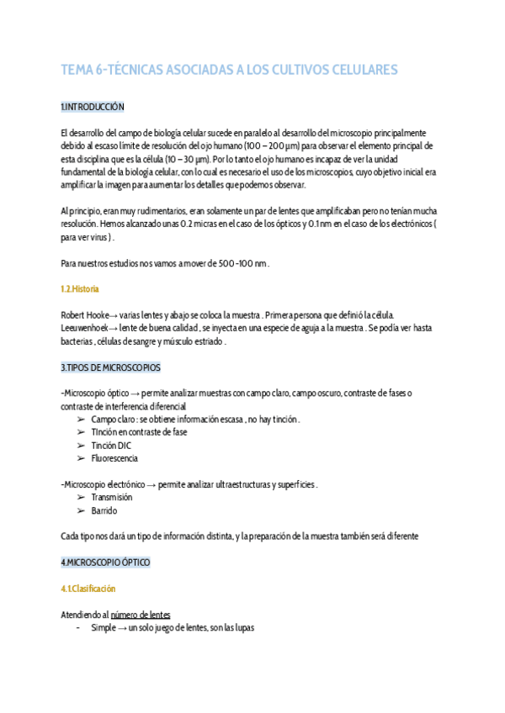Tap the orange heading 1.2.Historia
[x=80, y=288]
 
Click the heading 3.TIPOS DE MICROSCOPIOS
[x=110, y=367]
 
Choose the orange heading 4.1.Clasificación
[x=88, y=589]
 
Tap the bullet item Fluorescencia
[x=114, y=458]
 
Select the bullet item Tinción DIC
[x=111, y=446]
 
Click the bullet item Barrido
[x=104, y=510]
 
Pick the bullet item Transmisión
[x=112, y=498]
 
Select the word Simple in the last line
[x=104, y=627]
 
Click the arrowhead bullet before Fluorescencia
[x=81, y=458]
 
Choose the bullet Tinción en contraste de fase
[x=139, y=432]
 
